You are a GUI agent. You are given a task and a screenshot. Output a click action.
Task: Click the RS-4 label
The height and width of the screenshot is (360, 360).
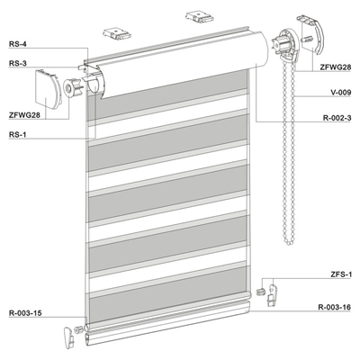tap(18, 44)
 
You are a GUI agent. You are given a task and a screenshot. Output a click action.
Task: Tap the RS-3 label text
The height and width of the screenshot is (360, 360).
tap(18, 63)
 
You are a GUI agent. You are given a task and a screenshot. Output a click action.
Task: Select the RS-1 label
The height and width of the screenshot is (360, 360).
tap(18, 134)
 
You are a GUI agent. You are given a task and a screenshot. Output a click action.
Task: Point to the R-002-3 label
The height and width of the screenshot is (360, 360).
tap(337, 118)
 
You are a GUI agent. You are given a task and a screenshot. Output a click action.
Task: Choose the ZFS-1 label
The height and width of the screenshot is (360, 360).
tap(340, 274)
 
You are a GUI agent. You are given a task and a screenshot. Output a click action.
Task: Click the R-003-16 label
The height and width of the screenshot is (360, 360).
tap(335, 308)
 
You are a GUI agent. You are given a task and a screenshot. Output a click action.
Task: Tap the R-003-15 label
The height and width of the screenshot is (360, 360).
tap(25, 313)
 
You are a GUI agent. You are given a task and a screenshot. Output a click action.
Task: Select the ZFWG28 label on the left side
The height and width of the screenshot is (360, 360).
tap(24, 115)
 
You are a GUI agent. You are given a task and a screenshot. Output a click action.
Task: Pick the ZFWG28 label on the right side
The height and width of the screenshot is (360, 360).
tap(336, 67)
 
